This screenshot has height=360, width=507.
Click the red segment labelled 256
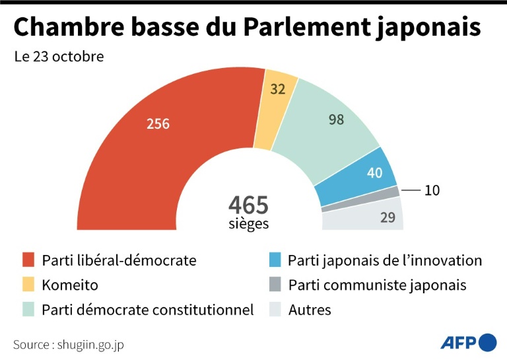[x=158, y=132]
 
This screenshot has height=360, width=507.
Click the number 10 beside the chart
[x=432, y=191]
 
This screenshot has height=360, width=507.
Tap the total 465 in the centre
[x=248, y=204]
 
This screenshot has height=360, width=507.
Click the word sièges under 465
[x=248, y=223]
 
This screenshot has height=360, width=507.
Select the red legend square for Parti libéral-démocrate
[x=28, y=260]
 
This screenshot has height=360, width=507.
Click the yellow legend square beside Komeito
[x=28, y=285]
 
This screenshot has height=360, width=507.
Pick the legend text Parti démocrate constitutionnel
[x=147, y=310]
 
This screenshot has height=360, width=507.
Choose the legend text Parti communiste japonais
[x=377, y=285]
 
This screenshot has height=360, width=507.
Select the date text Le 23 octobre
[x=59, y=57]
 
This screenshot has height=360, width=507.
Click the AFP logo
[x=468, y=342]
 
